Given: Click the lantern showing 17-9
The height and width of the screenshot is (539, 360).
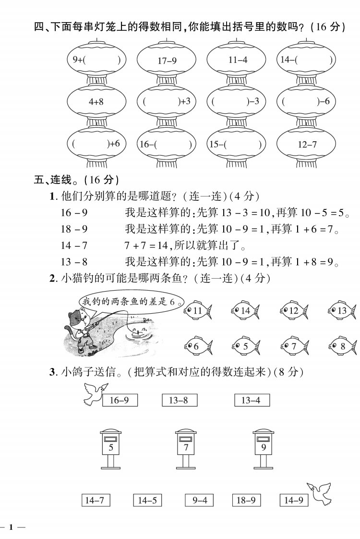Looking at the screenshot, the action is click(x=167, y=60).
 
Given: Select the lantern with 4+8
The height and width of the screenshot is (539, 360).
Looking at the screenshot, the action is click(x=96, y=102).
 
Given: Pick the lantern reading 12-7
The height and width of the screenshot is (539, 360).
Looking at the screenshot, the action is click(x=307, y=145).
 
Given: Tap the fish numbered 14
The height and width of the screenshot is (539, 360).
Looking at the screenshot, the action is click(x=245, y=310).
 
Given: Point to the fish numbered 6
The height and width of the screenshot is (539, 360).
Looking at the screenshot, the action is click(x=198, y=345).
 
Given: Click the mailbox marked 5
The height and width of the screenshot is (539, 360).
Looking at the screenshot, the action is click(x=110, y=448).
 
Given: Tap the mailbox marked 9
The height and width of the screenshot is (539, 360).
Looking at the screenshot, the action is click(x=264, y=448).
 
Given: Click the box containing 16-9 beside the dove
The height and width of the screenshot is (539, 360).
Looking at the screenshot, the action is click(x=120, y=400).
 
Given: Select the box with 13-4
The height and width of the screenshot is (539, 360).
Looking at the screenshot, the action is click(x=252, y=400).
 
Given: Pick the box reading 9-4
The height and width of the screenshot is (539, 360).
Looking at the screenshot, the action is click(x=199, y=500).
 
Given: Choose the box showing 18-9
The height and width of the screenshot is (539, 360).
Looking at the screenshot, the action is click(x=246, y=500).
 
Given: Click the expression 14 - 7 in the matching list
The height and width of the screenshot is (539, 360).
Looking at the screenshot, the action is click(x=74, y=245).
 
